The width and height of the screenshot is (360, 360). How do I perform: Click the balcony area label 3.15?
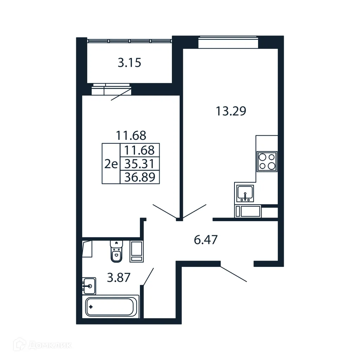coord(129,63)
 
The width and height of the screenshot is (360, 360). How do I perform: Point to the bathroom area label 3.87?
coord(119,278)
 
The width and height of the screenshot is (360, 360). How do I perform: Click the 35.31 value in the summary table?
coord(140,164)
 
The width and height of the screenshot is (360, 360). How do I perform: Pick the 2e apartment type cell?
coord(111,164)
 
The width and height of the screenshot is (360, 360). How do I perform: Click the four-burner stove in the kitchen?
coord(267,161)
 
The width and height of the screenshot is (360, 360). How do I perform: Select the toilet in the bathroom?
coord(116,251)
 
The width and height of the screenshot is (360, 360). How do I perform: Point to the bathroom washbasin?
coord(89,285)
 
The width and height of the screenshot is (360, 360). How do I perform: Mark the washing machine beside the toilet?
coord(136,251)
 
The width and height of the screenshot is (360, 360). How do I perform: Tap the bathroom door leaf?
coord(148,276)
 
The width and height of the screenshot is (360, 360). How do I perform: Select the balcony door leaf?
coord(121,95)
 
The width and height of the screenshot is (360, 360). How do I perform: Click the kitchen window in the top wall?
coord(228,43)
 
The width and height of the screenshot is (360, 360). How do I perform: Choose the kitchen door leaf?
coord(194,211)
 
